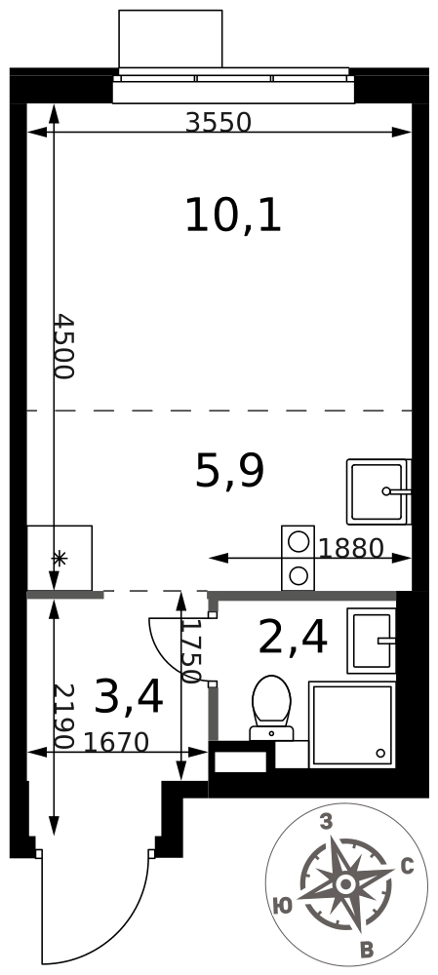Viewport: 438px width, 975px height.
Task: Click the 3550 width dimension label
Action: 219,123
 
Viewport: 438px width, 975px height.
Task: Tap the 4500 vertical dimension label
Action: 64,346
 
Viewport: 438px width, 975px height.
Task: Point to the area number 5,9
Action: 229,471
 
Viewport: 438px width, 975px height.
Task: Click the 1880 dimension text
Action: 351,548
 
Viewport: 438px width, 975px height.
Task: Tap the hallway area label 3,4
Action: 129,697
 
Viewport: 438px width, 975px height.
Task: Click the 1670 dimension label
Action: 116,742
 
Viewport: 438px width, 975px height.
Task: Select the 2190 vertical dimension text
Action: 64,717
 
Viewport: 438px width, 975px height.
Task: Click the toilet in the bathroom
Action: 271,708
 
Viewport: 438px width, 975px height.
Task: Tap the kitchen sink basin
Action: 377,491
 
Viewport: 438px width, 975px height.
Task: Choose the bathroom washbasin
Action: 372,641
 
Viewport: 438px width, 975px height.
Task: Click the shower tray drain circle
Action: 380,753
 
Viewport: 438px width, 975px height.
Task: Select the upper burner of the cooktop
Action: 299,541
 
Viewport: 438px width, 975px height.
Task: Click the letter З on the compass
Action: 326,822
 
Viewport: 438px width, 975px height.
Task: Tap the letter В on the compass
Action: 368,950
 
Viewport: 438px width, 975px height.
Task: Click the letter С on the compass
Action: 408,866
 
